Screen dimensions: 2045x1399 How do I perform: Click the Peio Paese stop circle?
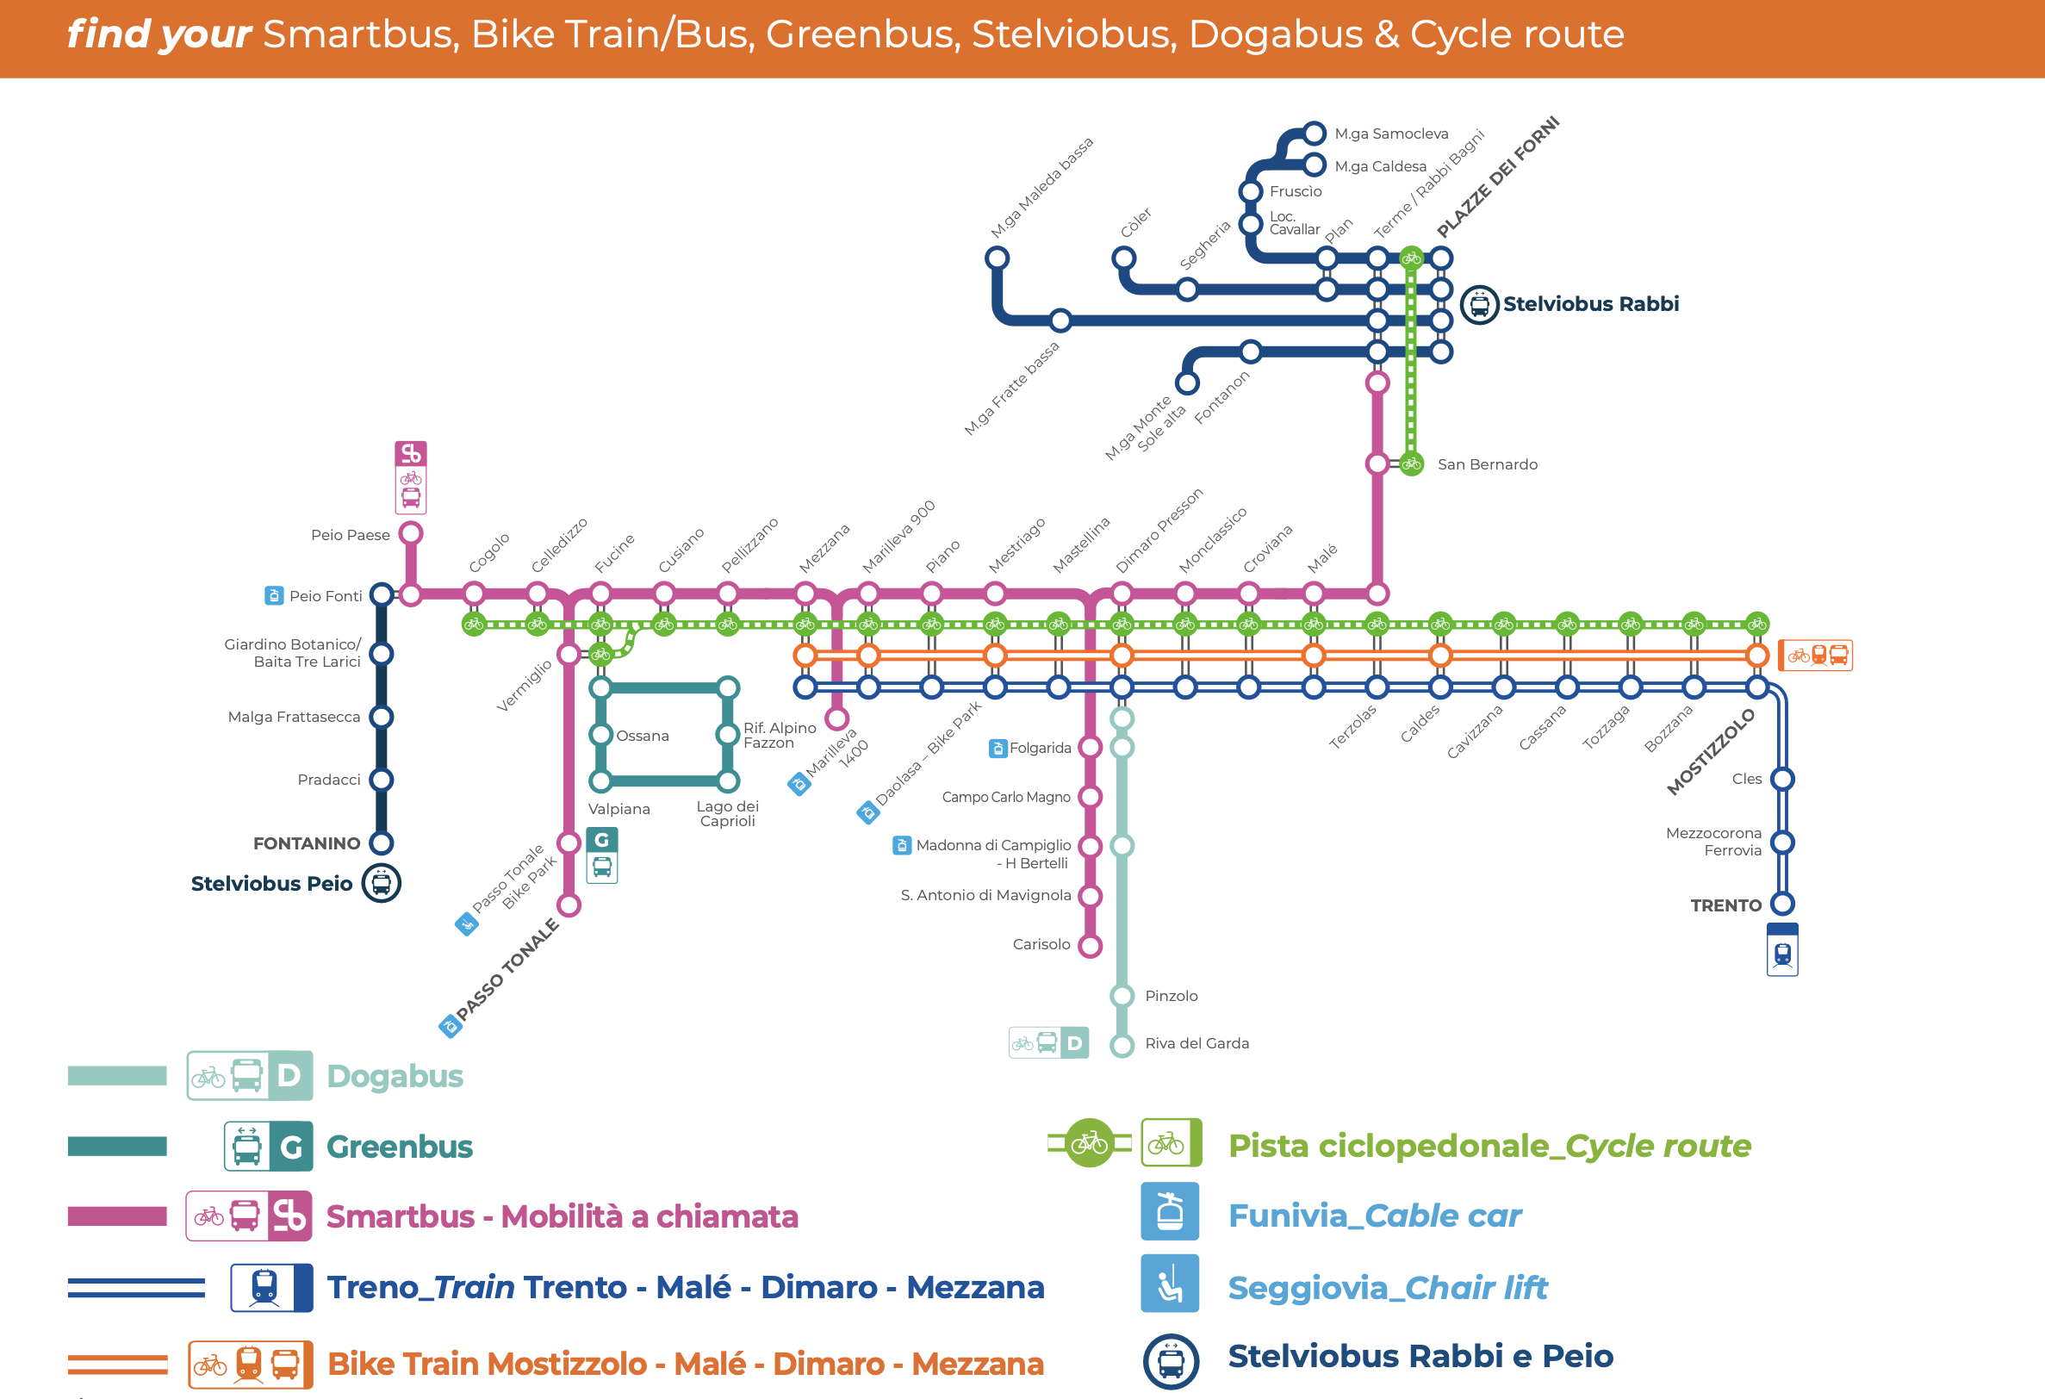[x=411, y=533]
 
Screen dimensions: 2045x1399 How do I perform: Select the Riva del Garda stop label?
[x=1197, y=1042]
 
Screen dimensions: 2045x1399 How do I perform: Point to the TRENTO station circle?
[x=1782, y=904]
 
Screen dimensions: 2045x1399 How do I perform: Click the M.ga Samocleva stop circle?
[x=1314, y=133]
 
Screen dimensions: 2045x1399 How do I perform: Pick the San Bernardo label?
[x=1487, y=463]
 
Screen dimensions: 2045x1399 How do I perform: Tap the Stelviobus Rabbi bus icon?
[x=1479, y=304]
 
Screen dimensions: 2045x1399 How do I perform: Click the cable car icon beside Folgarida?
[x=997, y=748]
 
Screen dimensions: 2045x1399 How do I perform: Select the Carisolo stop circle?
[x=1091, y=946]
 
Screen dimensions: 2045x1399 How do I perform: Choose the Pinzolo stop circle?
[x=1121, y=995]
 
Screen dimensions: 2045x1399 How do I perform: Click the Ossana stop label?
[x=643, y=736]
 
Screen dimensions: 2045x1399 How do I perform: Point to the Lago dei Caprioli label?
[x=727, y=813]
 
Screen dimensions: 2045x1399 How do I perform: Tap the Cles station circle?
[x=1782, y=779]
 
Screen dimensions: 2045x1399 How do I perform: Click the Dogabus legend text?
[x=395, y=1075]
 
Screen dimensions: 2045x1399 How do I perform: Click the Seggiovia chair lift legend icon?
[x=1170, y=1283]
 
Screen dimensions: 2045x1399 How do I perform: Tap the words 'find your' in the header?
[x=159, y=34]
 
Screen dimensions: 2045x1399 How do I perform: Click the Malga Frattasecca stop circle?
[x=381, y=716]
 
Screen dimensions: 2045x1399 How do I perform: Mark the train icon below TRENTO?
[x=1782, y=949]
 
